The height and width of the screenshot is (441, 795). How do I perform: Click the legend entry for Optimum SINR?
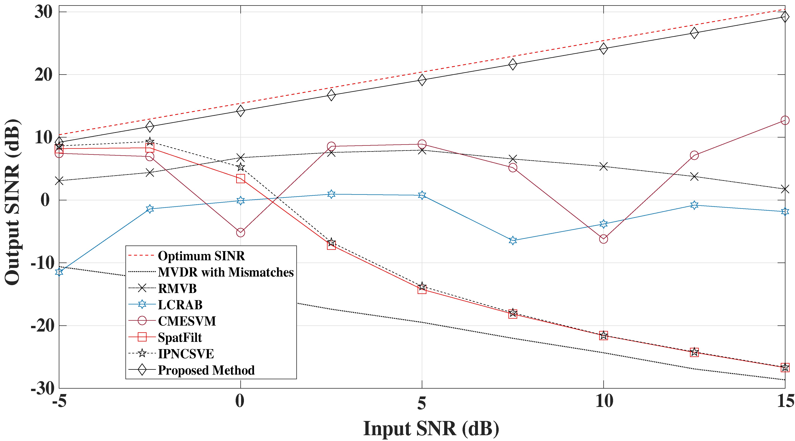click(201, 256)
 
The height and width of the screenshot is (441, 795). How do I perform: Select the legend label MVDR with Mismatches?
click(226, 272)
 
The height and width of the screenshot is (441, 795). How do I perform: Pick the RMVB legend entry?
click(177, 289)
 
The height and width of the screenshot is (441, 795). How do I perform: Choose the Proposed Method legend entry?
click(206, 370)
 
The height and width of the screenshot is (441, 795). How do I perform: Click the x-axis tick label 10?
click(603, 402)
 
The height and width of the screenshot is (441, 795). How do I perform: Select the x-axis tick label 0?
click(240, 402)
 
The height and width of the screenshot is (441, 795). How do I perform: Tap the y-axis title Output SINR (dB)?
click(12, 202)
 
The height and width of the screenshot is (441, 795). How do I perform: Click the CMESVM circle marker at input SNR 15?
click(785, 120)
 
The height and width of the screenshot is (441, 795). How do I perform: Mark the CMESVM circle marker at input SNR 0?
click(240, 233)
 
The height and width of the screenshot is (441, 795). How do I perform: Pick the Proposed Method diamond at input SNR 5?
click(422, 80)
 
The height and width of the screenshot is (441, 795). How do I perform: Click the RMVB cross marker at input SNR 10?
click(603, 167)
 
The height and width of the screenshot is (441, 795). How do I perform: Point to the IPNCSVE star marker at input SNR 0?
click(240, 167)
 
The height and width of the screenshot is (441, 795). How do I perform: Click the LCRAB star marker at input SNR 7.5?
click(513, 241)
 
